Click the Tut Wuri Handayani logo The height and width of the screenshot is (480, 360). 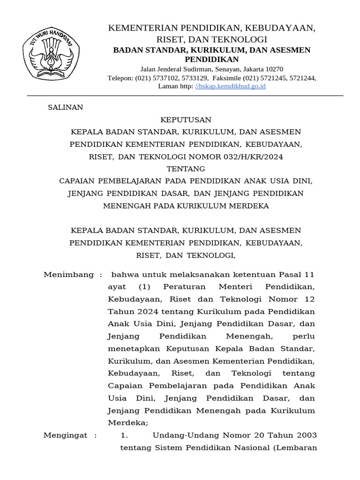pyautogui.click(x=52, y=52)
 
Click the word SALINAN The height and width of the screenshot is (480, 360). pyautogui.click(x=66, y=107)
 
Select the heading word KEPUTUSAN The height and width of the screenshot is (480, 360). pyautogui.click(x=186, y=120)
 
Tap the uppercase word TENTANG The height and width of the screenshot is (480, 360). pyautogui.click(x=186, y=169)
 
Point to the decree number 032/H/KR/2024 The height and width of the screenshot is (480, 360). pyautogui.click(x=252, y=157)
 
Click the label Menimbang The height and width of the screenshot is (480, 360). pyautogui.click(x=68, y=275)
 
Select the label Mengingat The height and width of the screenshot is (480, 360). pyautogui.click(x=65, y=435)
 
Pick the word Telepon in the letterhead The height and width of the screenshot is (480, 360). pyautogui.click(x=120, y=78)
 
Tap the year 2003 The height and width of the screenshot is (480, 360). pyautogui.click(x=307, y=435)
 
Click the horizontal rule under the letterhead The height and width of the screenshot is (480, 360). pyautogui.click(x=185, y=96)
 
